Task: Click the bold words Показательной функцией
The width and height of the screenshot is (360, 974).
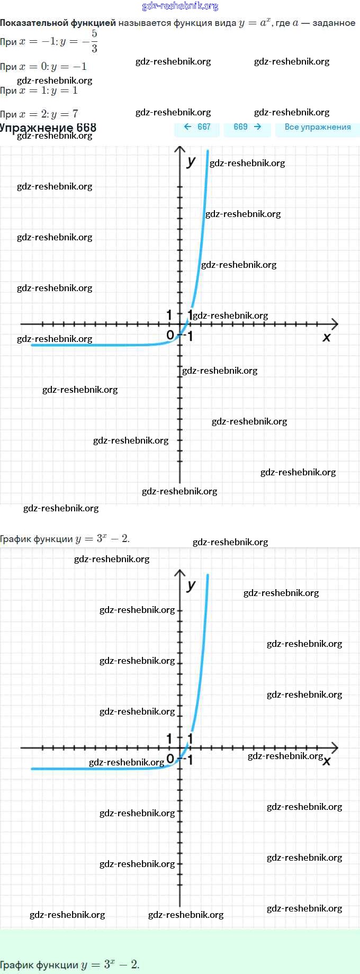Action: pyautogui.click(x=58, y=23)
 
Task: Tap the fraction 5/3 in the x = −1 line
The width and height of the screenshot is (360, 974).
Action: pyautogui.click(x=94, y=41)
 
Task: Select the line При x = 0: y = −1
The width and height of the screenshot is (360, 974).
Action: pyautogui.click(x=43, y=67)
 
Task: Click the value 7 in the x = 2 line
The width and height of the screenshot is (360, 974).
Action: pyautogui.click(x=75, y=114)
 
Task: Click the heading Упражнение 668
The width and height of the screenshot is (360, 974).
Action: pyautogui.click(x=48, y=128)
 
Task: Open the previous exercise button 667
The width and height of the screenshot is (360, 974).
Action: pyautogui.click(x=197, y=127)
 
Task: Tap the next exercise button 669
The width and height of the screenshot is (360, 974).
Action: pyautogui.click(x=247, y=127)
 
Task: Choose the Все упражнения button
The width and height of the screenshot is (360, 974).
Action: pyautogui.click(x=318, y=127)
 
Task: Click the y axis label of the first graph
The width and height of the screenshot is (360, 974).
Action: pyautogui.click(x=191, y=161)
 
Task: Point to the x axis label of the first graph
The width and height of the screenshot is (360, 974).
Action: pyautogui.click(x=327, y=337)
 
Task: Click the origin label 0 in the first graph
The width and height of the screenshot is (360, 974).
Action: pyautogui.click(x=170, y=335)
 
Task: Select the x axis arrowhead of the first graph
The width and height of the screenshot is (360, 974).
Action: pyautogui.click(x=335, y=323)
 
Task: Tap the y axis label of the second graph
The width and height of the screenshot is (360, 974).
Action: pyautogui.click(x=191, y=585)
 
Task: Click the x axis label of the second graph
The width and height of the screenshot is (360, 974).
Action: pyautogui.click(x=327, y=761)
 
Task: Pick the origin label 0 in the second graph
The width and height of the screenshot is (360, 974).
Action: pyautogui.click(x=170, y=759)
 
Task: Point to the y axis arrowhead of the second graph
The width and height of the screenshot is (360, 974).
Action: pyautogui.click(x=180, y=573)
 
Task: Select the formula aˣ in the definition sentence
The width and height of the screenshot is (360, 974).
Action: pyautogui.click(x=265, y=22)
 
